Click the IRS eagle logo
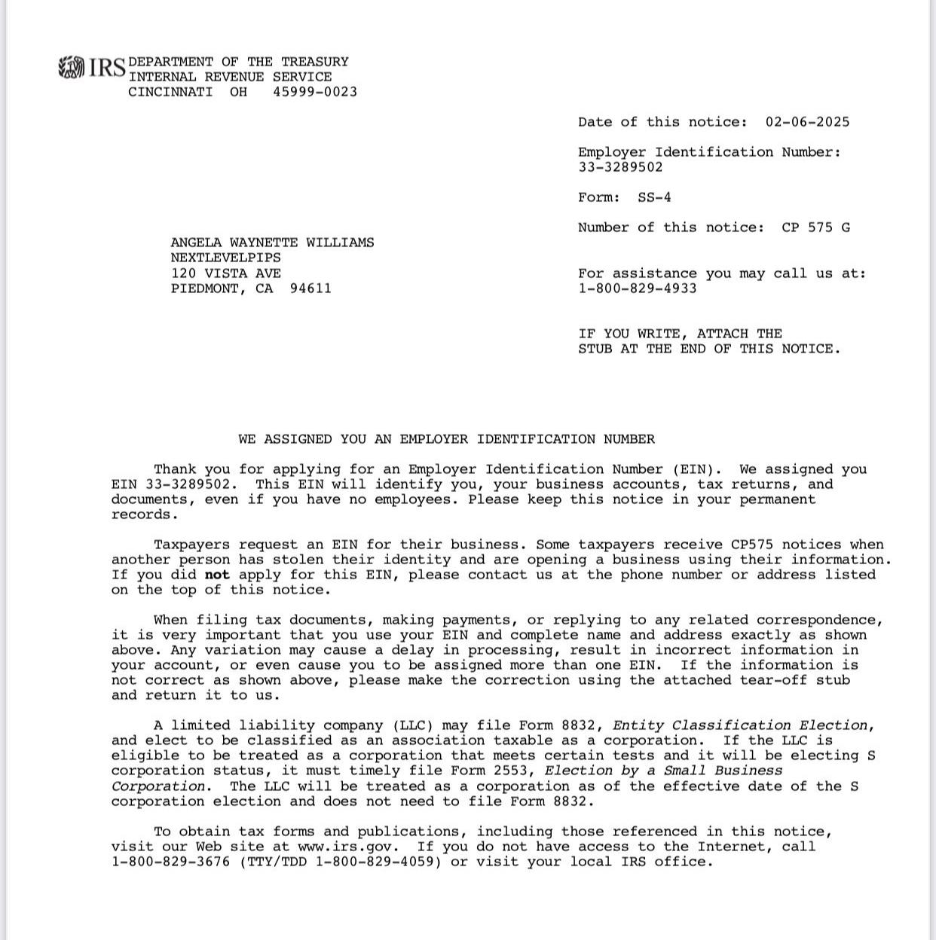pos(72,68)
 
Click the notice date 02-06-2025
pos(807,122)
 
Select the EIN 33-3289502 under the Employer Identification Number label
pos(620,167)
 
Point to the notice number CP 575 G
pos(815,227)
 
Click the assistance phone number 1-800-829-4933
pos(638,288)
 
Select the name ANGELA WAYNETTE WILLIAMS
pos(272,243)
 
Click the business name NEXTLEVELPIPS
pos(225,258)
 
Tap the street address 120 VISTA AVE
pos(225,273)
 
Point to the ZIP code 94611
pos(310,288)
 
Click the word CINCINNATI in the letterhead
pos(170,92)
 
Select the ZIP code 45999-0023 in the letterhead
pos(315,92)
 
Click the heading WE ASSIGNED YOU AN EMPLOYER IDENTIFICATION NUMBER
pos(446,439)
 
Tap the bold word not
pos(217,575)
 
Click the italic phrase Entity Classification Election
pos(740,725)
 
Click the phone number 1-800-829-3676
pos(170,862)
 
